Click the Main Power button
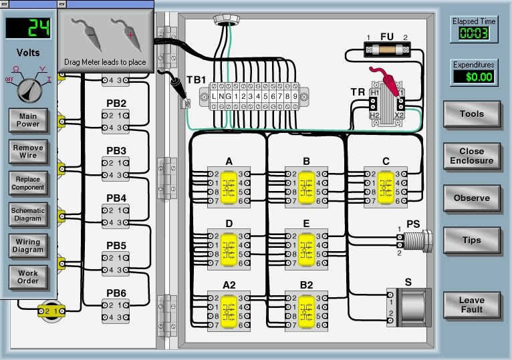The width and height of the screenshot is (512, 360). (28, 120)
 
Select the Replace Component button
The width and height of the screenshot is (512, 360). (28, 183)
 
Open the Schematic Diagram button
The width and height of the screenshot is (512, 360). (28, 214)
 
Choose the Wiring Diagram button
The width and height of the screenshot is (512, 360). (28, 246)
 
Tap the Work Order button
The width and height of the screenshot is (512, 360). (28, 277)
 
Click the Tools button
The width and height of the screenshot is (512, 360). (471, 114)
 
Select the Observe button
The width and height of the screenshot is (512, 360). (471, 198)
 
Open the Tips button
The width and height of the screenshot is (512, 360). (471, 240)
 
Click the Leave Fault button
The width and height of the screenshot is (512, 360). (471, 305)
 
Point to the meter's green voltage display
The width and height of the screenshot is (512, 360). (28, 28)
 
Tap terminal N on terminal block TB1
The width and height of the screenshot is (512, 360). (223, 97)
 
